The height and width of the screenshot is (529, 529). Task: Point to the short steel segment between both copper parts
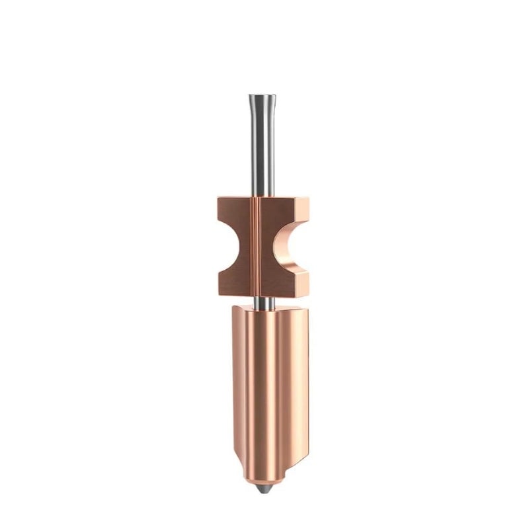point(264,301)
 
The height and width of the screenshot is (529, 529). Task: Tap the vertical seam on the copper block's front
point(256,245)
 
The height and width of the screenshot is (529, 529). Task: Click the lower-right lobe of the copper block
point(291,281)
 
